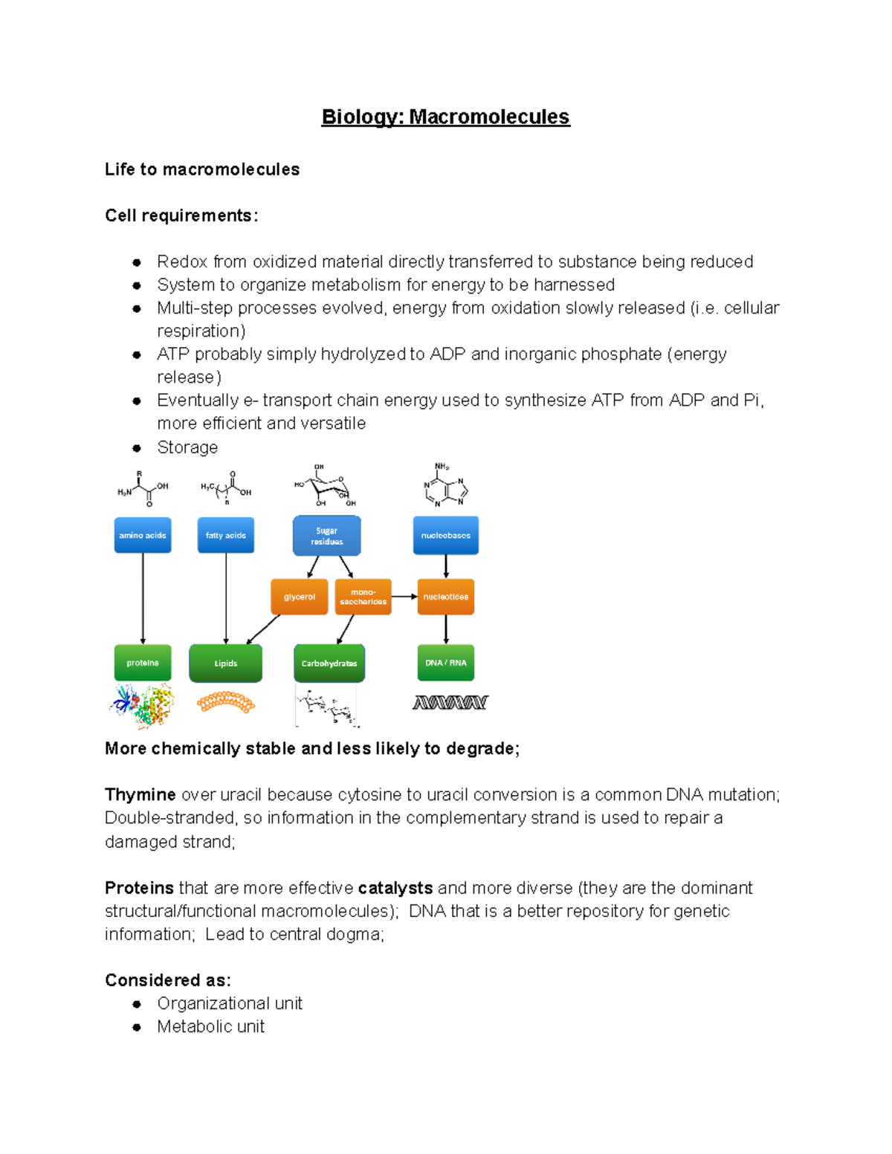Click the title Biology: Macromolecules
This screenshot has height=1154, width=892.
(445, 117)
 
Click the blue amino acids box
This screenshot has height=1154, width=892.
(143, 535)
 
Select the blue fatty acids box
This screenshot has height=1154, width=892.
(226, 535)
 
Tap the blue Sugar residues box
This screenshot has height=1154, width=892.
(327, 536)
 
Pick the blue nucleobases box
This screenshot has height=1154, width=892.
(446, 535)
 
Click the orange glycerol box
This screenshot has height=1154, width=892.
(300, 597)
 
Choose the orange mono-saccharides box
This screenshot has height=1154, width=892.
(363, 597)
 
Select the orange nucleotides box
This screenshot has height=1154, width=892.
(446, 597)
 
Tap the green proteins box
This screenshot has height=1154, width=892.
(143, 663)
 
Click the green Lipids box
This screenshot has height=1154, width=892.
(226, 663)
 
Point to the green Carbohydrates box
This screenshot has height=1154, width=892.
(329, 663)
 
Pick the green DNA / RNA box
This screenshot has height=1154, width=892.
(446, 663)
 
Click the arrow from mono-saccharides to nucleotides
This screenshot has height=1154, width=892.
(404, 596)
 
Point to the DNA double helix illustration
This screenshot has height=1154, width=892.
(450, 702)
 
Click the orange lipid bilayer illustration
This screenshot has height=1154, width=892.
(226, 702)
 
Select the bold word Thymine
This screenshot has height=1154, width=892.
(140, 794)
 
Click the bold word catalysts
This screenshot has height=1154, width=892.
(395, 888)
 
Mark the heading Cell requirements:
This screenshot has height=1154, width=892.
(181, 215)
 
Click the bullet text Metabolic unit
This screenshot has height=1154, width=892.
(210, 1026)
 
